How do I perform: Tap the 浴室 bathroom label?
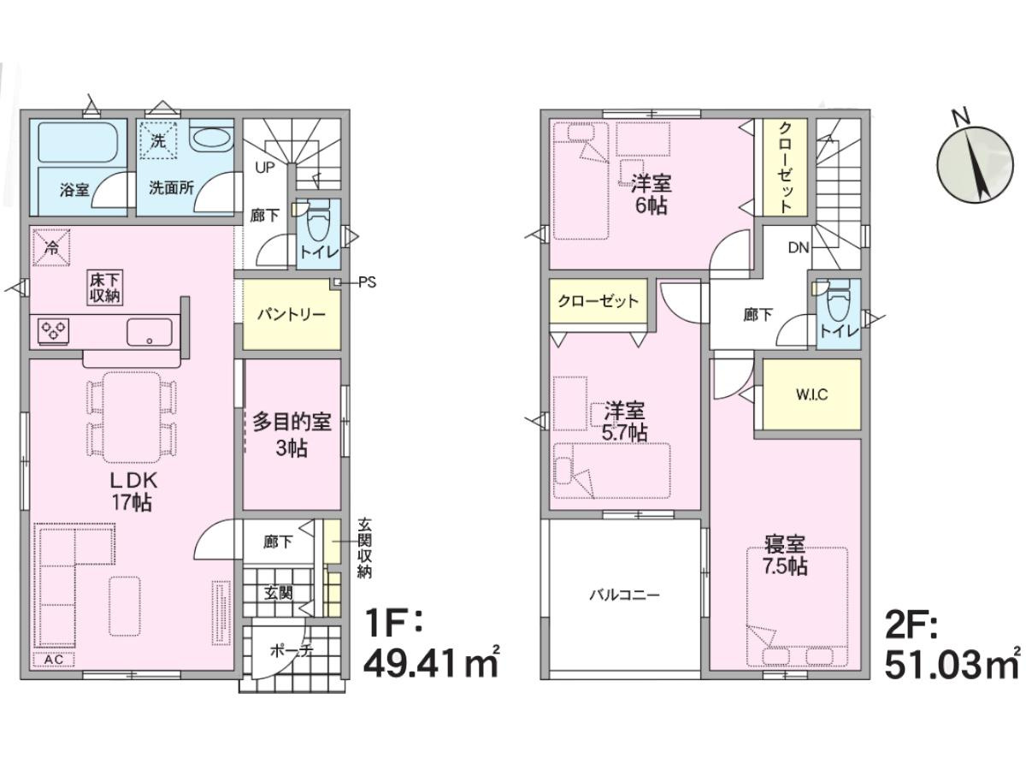coord(74,190)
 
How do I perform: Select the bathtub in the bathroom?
coord(78,142)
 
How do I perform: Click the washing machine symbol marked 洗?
coord(158,140)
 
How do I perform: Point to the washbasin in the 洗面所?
coord(210,139)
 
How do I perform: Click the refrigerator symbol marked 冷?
coord(51,247)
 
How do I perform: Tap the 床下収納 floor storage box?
coord(104,288)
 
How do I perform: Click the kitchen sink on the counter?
coord(149,333)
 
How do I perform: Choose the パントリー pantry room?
coord(292,314)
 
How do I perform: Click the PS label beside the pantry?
coord(367,282)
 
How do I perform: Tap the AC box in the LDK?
coord(54,659)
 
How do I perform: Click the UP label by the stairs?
coord(264,167)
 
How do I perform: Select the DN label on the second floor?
coord(799,247)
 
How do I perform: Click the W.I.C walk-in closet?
coord(811,394)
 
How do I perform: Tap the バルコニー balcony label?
coord(624,595)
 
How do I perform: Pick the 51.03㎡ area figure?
coord(952,664)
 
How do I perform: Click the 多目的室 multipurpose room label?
coord(292,422)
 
